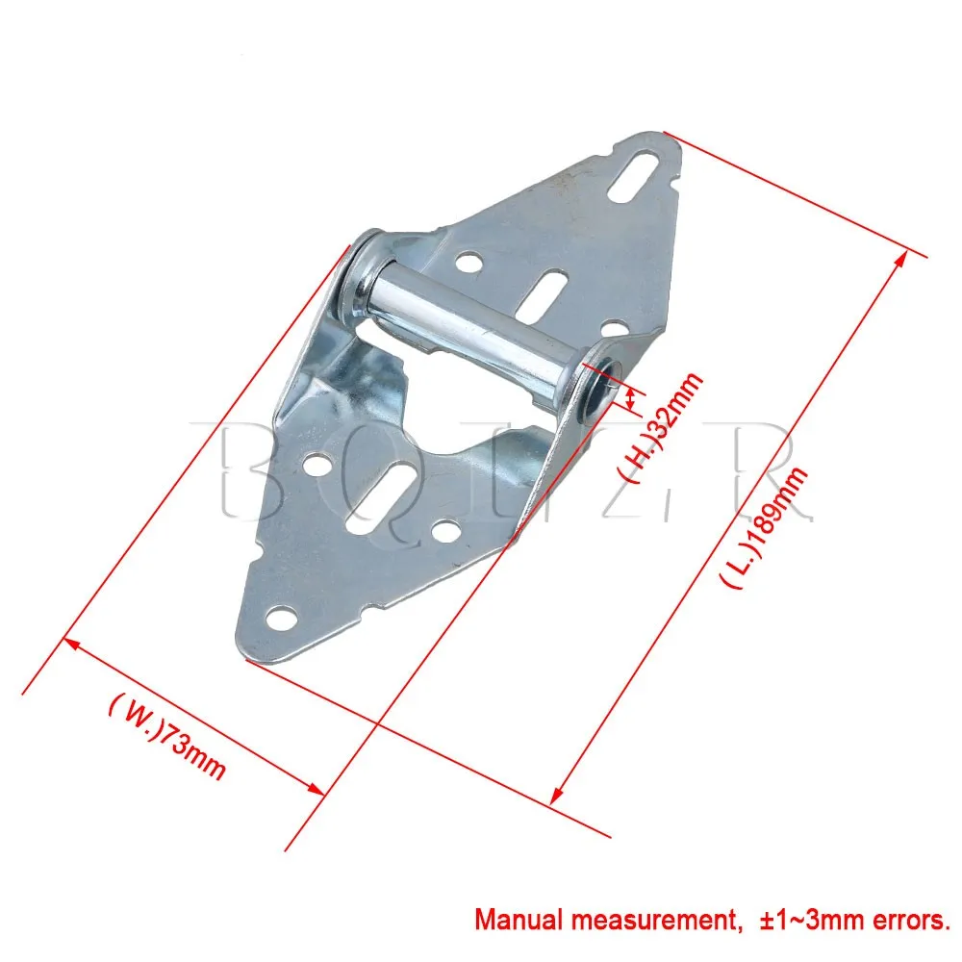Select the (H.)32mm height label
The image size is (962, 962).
pos(660,428)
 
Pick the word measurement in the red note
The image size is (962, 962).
pos(653,920)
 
